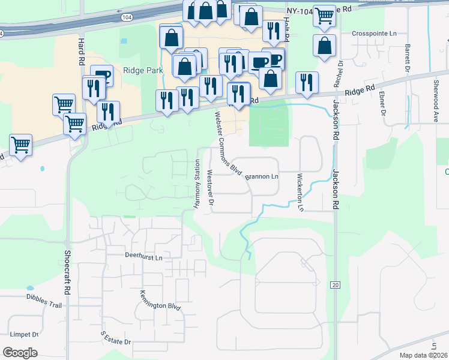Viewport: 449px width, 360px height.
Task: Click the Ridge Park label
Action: (x=139, y=70)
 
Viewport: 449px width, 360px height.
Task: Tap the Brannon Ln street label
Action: (x=262, y=176)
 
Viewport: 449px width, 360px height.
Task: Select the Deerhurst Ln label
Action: (x=143, y=256)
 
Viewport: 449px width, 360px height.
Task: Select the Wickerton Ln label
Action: (x=300, y=192)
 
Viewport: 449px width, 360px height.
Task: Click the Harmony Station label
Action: (x=196, y=184)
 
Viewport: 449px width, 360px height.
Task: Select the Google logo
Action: (x=20, y=353)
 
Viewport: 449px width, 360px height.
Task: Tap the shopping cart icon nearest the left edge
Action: (x=20, y=145)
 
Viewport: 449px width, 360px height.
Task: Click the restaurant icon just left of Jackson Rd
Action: (x=307, y=83)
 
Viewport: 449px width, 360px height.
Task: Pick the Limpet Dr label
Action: (x=23, y=334)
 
